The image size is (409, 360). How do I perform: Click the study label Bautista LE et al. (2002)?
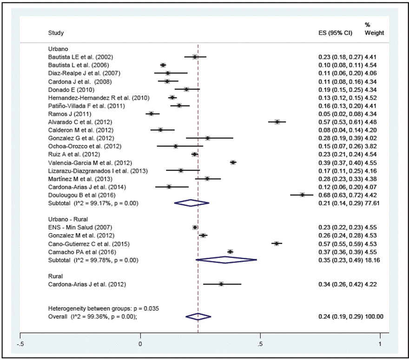pyautogui.click(x=80, y=57)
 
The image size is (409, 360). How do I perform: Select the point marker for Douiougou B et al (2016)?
pyautogui.click(x=302, y=195)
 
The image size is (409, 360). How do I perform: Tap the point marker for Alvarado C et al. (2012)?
pyautogui.click(x=277, y=122)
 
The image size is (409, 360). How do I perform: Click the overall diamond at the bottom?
pyautogui.click(x=198, y=317)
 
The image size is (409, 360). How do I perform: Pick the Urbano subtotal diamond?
pyautogui.click(x=191, y=203)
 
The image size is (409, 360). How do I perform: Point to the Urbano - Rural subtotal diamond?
pyautogui.click(x=226, y=260)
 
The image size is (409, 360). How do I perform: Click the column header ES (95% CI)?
pyautogui.click(x=333, y=33)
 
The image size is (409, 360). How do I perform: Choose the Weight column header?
pyautogui.click(x=374, y=33)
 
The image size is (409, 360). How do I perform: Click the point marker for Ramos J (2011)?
pyautogui.click(x=151, y=113)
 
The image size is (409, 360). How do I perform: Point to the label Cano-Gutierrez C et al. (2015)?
pyautogui.click(x=89, y=244)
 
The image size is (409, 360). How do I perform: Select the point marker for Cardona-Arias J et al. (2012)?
pyautogui.click(x=221, y=284)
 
